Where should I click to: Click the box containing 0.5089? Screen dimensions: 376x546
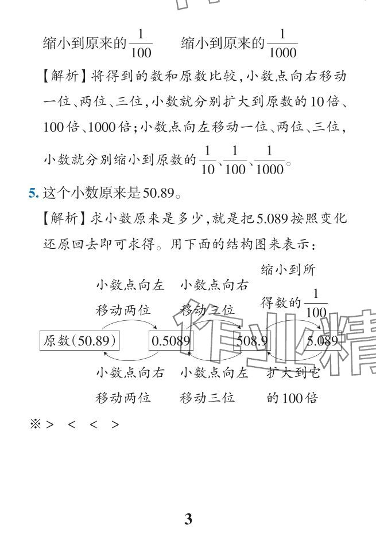pyautogui.click(x=170, y=341)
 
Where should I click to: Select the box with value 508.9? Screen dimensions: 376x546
pyautogui.click(x=252, y=341)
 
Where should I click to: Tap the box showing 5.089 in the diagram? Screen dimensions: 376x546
pyautogui.click(x=322, y=341)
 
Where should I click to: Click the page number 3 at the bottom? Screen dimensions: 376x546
pyautogui.click(x=188, y=519)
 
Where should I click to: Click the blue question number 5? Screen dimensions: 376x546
pyautogui.click(x=33, y=193)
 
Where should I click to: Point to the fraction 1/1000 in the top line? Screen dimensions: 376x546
pyautogui.click(x=282, y=44)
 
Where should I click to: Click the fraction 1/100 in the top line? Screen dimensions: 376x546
pyautogui.click(x=141, y=44)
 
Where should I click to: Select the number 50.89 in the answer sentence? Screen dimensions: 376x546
pyautogui.click(x=158, y=193)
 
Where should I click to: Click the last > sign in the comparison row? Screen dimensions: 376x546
pyautogui.click(x=116, y=425)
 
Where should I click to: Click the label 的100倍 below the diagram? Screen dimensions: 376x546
pyautogui.click(x=292, y=398)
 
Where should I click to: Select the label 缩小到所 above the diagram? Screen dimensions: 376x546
pyautogui.click(x=288, y=270)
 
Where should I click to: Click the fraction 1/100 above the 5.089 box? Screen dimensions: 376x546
pyautogui.click(x=316, y=303)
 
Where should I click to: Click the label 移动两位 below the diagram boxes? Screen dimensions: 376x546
pyautogui.click(x=123, y=398)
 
